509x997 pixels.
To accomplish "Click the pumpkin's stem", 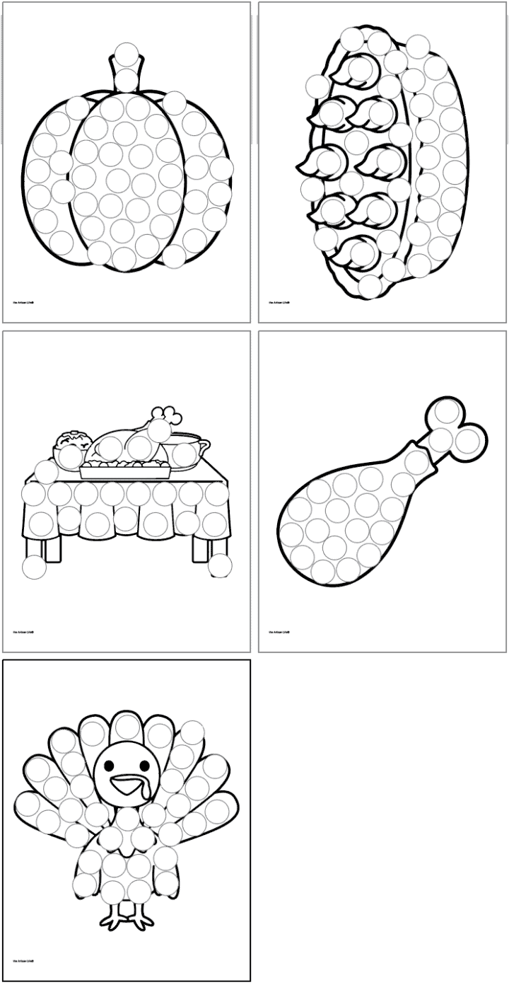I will click(x=127, y=71).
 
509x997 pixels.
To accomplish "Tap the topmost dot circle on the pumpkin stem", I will click(x=127, y=54).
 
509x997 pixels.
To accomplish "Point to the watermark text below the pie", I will click(x=279, y=302).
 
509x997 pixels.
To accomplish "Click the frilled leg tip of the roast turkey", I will click(x=167, y=414).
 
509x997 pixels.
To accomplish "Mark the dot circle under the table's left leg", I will click(x=34, y=566).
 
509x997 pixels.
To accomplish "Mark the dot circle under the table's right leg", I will click(x=220, y=565).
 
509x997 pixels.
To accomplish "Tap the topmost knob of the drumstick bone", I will click(x=447, y=410).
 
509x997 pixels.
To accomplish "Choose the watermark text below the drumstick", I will click(x=279, y=632).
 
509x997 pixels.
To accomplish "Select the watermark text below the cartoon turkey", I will click(x=23, y=961).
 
